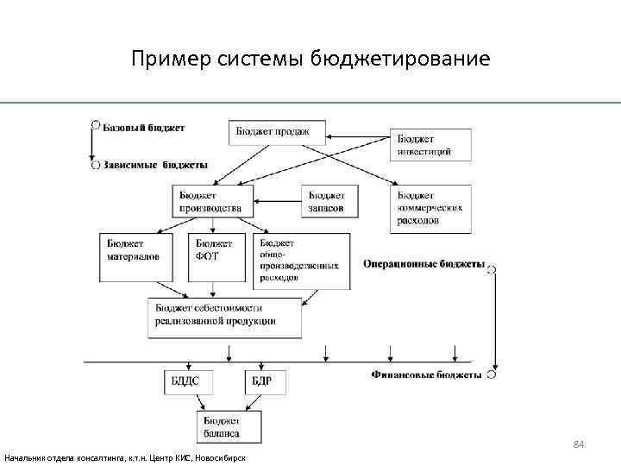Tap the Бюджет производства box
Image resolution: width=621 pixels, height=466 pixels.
(x=212, y=201)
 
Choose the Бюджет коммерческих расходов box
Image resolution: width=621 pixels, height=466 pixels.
(x=432, y=208)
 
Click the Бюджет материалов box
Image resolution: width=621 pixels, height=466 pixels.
(x=135, y=256)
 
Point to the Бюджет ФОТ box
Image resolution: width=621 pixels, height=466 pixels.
(x=216, y=256)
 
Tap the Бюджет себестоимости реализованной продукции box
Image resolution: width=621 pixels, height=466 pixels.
(x=226, y=317)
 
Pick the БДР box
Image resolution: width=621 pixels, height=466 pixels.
(x=266, y=381)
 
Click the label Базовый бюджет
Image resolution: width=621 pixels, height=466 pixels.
(x=144, y=129)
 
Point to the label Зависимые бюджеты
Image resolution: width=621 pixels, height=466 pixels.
(x=156, y=164)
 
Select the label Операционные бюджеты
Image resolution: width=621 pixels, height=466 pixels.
(x=423, y=264)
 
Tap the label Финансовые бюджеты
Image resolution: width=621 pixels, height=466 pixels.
(x=427, y=375)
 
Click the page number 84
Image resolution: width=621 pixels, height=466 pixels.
(x=579, y=444)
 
